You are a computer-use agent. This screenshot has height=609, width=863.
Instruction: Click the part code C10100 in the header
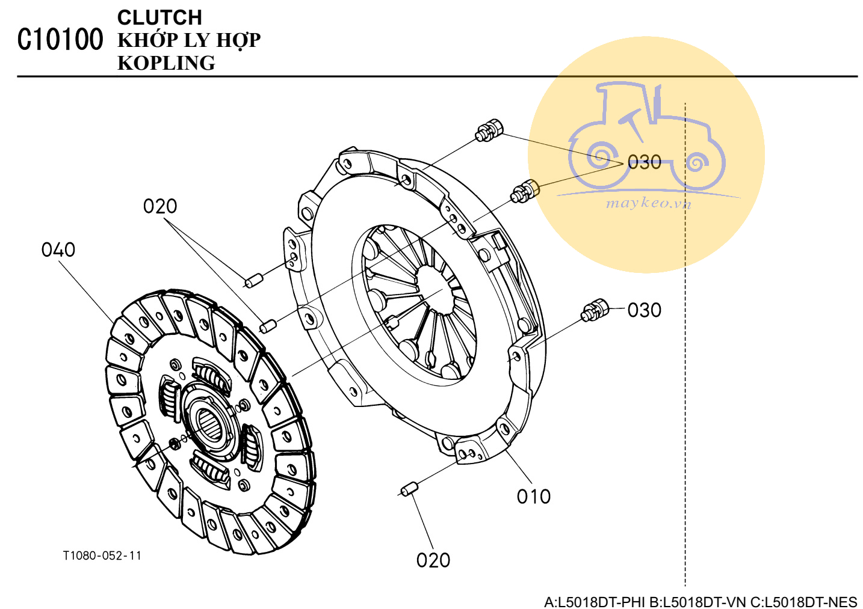point(60,40)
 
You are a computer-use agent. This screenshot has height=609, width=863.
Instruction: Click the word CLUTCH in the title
point(159,17)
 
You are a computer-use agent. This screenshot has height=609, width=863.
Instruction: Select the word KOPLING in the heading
point(166,63)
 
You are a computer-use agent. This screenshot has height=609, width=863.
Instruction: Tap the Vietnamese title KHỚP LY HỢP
point(189,40)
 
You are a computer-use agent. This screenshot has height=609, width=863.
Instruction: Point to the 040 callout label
point(58,250)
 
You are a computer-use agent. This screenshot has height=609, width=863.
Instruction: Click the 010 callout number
point(534,497)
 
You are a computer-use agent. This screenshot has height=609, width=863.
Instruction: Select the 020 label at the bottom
point(433,560)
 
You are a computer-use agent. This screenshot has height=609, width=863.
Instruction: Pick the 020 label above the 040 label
point(160,207)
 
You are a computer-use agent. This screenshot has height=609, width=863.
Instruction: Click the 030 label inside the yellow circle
point(645,162)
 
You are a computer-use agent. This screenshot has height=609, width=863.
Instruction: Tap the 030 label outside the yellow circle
point(645,310)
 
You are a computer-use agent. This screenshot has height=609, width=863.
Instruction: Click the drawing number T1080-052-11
point(102,555)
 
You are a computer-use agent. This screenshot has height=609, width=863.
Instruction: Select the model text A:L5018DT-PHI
point(595,602)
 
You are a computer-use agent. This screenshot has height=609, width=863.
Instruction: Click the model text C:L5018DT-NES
point(804,602)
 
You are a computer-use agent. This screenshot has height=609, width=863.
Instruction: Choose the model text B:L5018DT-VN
point(698,602)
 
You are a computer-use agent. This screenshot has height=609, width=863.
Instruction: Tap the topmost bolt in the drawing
point(489,130)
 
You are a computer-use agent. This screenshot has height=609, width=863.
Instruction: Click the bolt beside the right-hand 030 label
point(595,310)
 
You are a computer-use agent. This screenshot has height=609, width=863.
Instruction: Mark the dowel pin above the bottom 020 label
point(410,489)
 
